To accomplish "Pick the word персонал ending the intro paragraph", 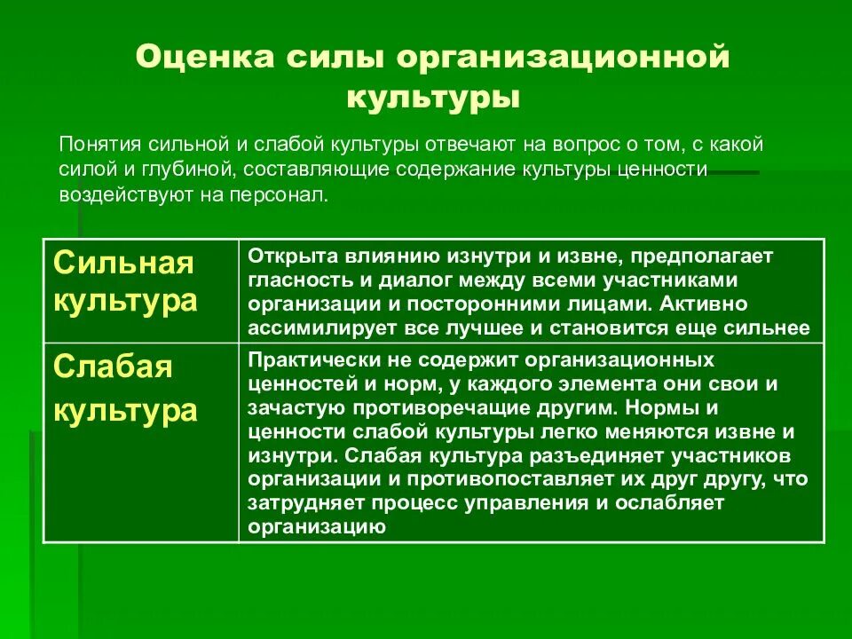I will [283, 194].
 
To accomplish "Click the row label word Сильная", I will [124, 263].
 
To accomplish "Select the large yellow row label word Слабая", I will [114, 367].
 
